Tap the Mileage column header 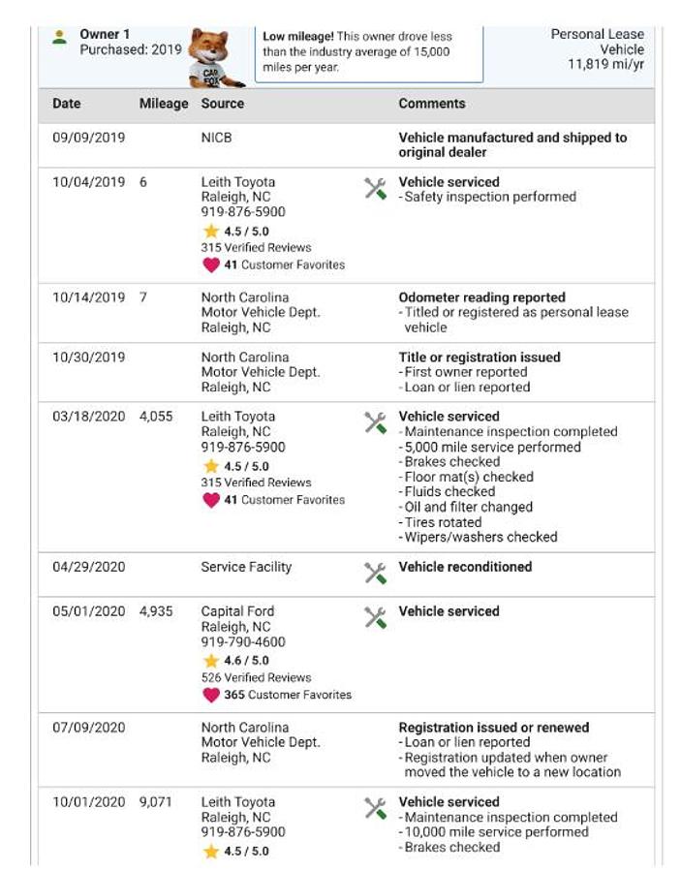coord(164,104)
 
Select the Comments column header coord(432,104)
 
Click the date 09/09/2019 coord(88,138)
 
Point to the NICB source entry coord(217,138)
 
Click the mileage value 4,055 coord(156,417)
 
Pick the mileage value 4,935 coord(156,611)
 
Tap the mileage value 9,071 coord(156,802)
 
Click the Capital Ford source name coord(237,611)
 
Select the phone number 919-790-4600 coord(243,641)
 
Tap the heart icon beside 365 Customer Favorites coord(210,695)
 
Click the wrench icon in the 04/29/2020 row coord(375,573)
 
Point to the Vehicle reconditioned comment coord(465,567)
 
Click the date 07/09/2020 coord(88,728)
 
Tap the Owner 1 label coord(105,34)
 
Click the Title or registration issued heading coord(480,357)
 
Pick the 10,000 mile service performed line coord(496,832)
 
